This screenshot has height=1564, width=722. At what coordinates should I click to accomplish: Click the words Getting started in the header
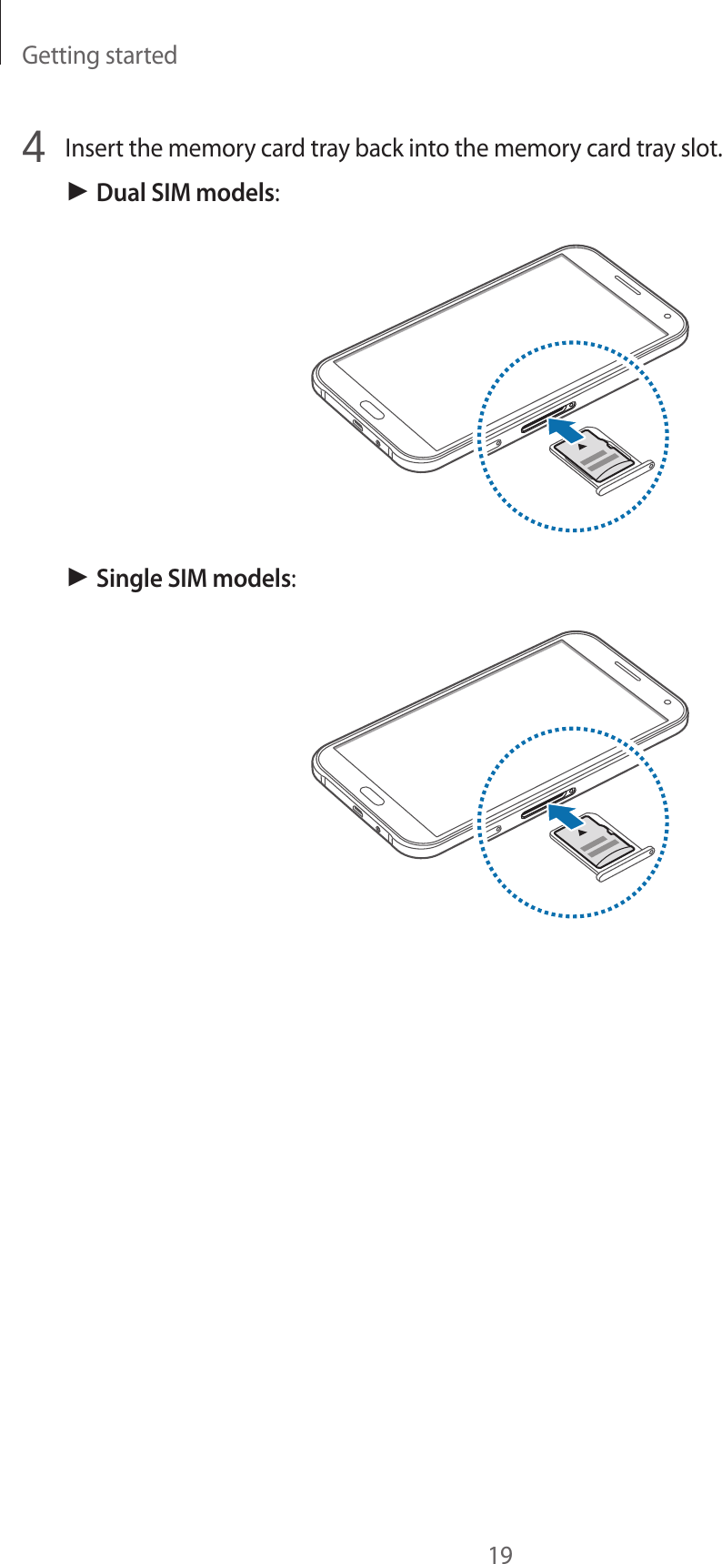coord(99,55)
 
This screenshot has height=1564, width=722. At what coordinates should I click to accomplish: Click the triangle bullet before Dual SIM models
coord(77,192)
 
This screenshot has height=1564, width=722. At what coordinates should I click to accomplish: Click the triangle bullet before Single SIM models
coord(77,578)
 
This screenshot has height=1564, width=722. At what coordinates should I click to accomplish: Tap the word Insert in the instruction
coord(95,147)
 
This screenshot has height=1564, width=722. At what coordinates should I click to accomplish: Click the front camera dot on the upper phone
coord(667,318)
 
